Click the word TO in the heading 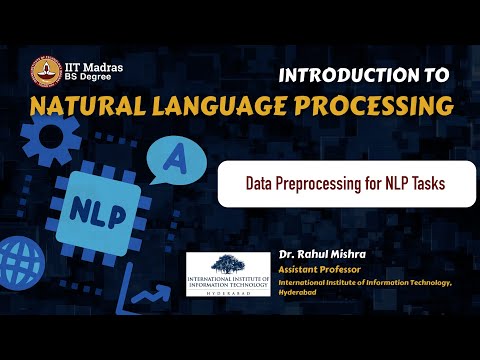439,76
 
